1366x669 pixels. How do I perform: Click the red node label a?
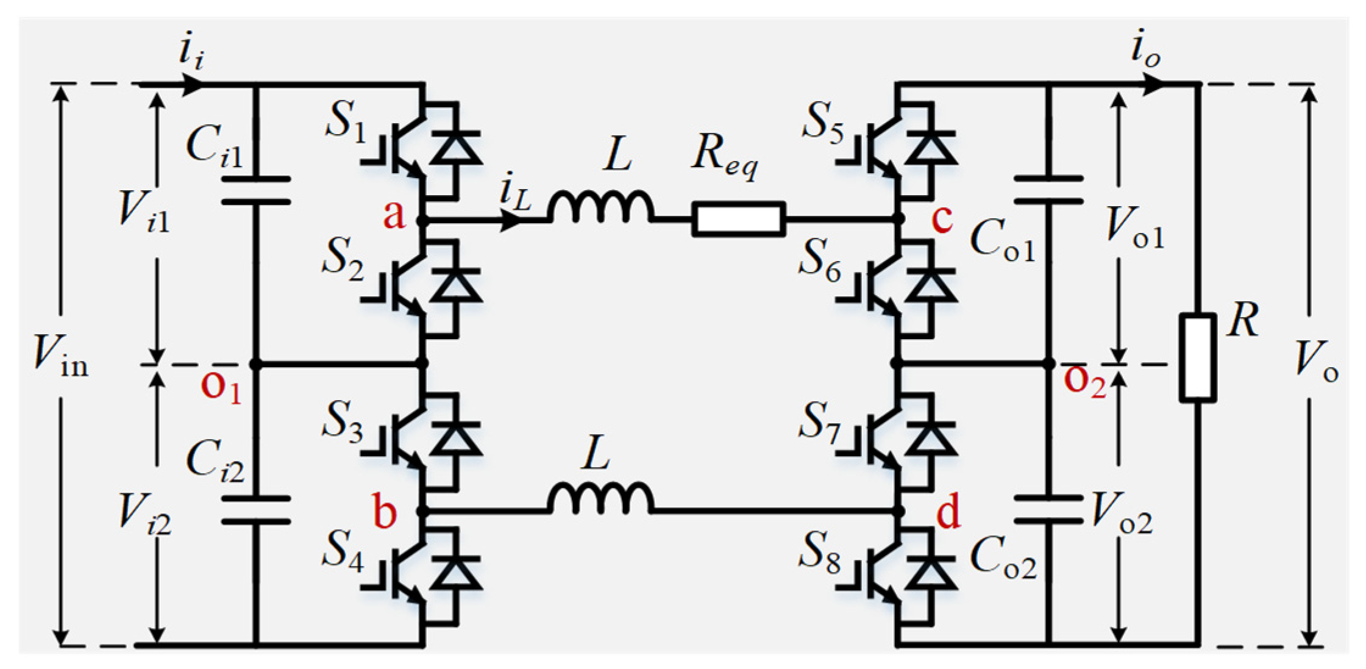click(394, 215)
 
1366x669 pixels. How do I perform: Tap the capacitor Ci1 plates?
click(255, 190)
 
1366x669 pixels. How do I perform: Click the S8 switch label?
click(820, 552)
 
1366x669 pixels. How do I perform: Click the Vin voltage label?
click(61, 357)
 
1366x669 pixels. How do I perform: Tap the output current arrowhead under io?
click(1152, 84)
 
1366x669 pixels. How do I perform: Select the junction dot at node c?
click(897, 219)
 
